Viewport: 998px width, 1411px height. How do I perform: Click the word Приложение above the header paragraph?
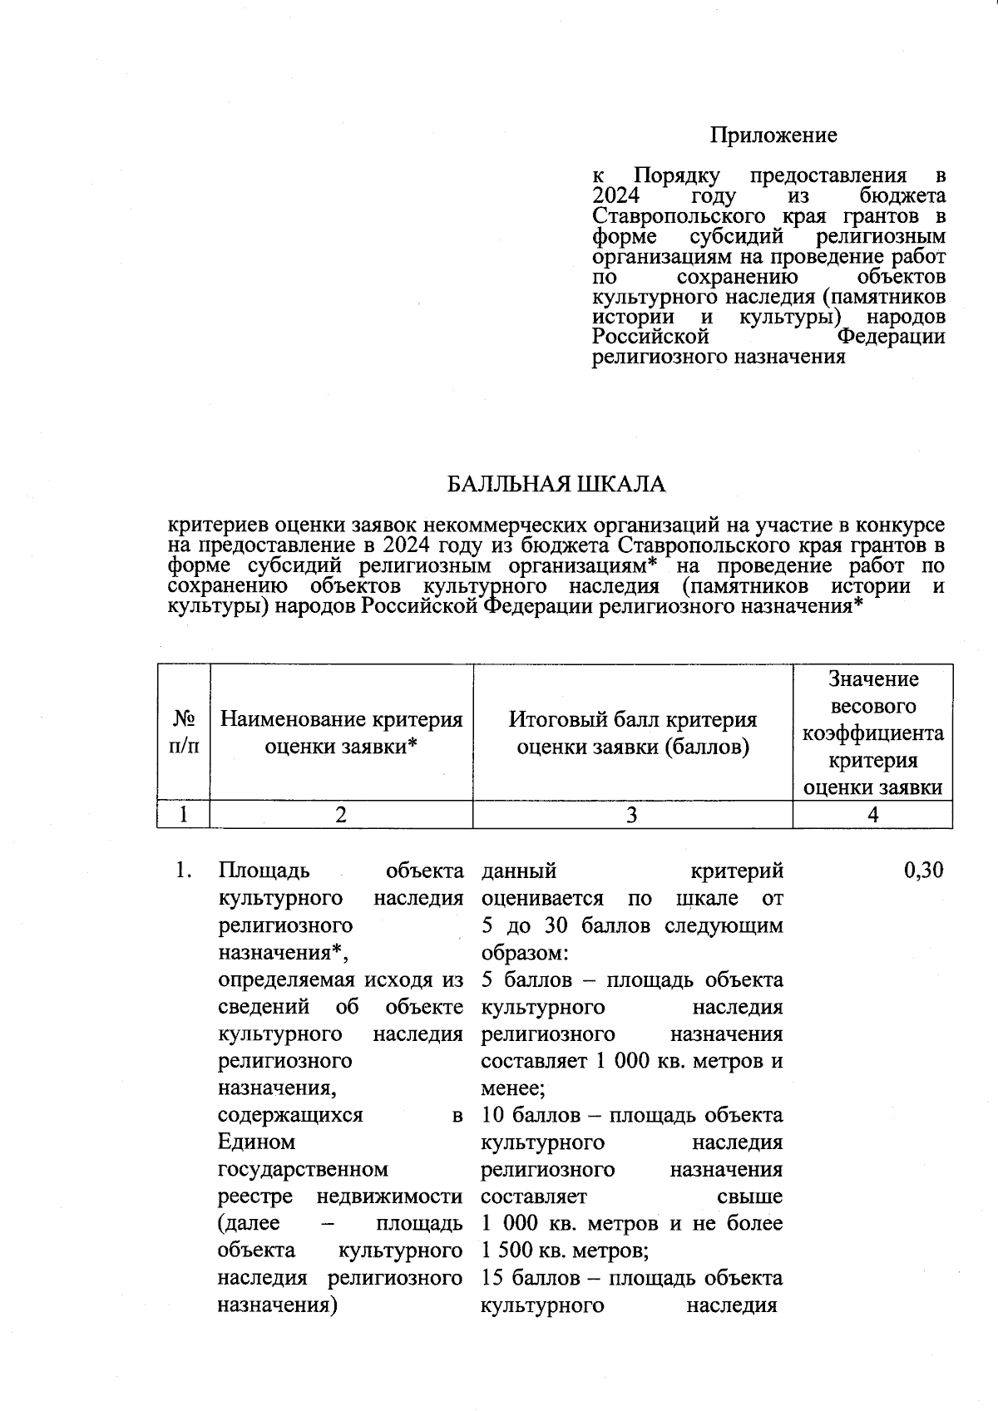pyautogui.click(x=773, y=136)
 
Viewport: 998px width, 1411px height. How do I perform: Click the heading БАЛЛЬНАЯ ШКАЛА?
pyautogui.click(x=556, y=485)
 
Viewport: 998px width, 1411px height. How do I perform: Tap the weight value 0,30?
pyautogui.click(x=923, y=871)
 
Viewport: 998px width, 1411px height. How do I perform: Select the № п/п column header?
pyautogui.click(x=184, y=733)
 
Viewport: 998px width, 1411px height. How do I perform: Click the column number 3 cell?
pyautogui.click(x=632, y=816)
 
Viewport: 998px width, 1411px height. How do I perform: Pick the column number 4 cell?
pyautogui.click(x=872, y=816)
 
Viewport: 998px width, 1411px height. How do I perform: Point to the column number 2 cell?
pyautogui.click(x=341, y=816)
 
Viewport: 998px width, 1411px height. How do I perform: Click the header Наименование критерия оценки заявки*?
pyautogui.click(x=341, y=733)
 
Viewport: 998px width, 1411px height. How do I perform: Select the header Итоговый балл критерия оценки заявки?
pyautogui.click(x=633, y=733)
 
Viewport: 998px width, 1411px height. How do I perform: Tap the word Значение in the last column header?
pyautogui.click(x=872, y=679)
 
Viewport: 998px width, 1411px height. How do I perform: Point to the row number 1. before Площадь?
pyautogui.click(x=184, y=871)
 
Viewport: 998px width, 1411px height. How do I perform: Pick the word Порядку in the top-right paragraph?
pyautogui.click(x=676, y=176)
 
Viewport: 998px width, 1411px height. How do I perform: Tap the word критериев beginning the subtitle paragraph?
pyautogui.click(x=219, y=525)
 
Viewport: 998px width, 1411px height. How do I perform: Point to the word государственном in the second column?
pyautogui.click(x=303, y=1170)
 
